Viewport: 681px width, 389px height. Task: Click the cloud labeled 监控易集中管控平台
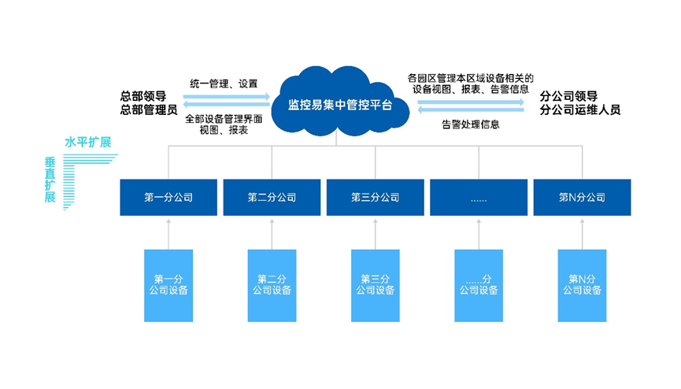pyautogui.click(x=340, y=104)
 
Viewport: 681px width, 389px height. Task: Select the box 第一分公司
pyautogui.click(x=168, y=198)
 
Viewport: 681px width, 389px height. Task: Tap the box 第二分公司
pyautogui.click(x=272, y=198)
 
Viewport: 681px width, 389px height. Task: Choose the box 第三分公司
pyautogui.click(x=376, y=198)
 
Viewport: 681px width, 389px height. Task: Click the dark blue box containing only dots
pyautogui.click(x=479, y=198)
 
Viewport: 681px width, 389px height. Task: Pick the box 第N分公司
pyautogui.click(x=582, y=198)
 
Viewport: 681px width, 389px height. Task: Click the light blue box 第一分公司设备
pyautogui.click(x=168, y=286)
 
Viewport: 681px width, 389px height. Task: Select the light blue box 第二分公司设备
pyautogui.click(x=272, y=286)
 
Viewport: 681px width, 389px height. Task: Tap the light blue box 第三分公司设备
pyautogui.click(x=376, y=286)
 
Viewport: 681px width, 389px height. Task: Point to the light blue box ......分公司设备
pyautogui.click(x=479, y=286)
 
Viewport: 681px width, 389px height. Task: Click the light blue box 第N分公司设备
pyautogui.click(x=582, y=286)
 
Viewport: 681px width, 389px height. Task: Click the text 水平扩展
pyautogui.click(x=88, y=142)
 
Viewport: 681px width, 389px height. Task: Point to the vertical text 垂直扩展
pyautogui.click(x=50, y=180)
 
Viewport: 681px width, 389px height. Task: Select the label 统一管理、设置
pyautogui.click(x=224, y=84)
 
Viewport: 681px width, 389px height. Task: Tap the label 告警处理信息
pyautogui.click(x=471, y=124)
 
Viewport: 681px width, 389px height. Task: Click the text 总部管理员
pyautogui.click(x=149, y=110)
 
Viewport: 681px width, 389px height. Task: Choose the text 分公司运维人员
pyautogui.click(x=580, y=110)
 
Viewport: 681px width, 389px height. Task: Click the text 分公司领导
pyautogui.click(x=568, y=96)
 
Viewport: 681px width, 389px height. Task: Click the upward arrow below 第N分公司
pyautogui.click(x=582, y=235)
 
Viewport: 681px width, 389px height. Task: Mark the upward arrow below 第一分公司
pyautogui.click(x=168, y=235)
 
